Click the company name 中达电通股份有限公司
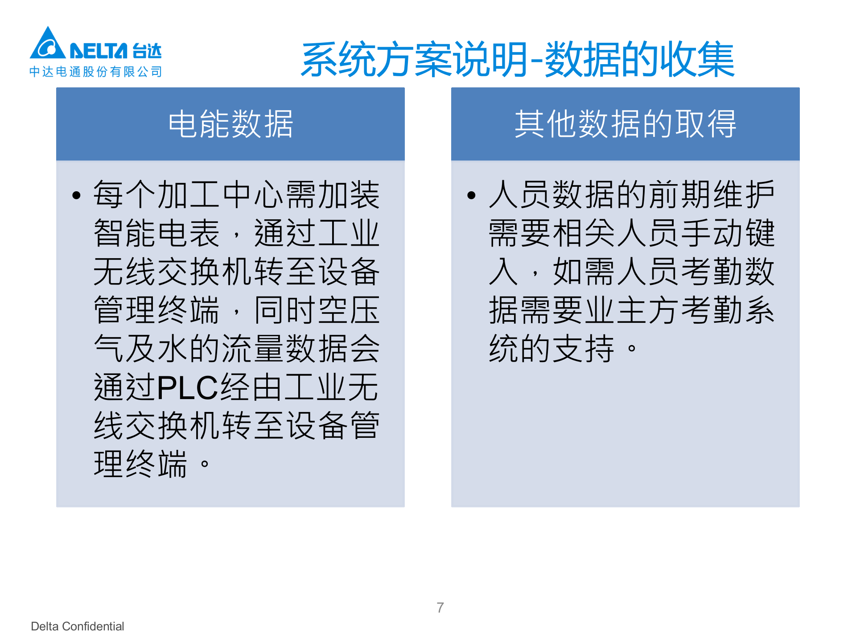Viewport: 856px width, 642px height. coord(95,72)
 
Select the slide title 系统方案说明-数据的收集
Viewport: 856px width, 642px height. coord(517,59)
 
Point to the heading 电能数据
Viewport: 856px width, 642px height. coord(230,124)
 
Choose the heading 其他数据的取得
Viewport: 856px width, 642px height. coord(625,124)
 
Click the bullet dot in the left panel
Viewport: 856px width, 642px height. coord(77,195)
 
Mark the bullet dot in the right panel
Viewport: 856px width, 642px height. coord(472,195)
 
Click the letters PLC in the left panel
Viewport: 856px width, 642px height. coord(187,387)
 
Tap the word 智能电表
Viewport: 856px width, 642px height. coord(156,233)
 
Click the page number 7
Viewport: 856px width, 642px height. coord(440,607)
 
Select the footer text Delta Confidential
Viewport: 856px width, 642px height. coord(78,626)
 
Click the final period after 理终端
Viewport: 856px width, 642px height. coord(205,464)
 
